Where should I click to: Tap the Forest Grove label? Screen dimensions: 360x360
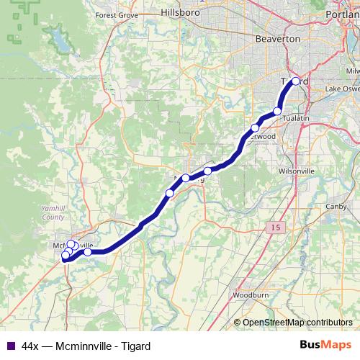click(116, 15)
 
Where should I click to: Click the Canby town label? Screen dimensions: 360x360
click(337, 207)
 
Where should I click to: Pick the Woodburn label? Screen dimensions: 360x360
click(251, 295)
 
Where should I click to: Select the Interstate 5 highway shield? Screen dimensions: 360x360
click(276, 228)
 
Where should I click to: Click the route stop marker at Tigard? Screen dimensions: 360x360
click(296, 81)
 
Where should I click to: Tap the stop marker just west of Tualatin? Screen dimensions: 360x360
click(278, 111)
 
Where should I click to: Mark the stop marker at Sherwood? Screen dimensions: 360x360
click(255, 128)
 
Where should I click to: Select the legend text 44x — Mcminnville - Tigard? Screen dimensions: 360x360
click(86, 346)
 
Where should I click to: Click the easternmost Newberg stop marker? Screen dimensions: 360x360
click(208, 150)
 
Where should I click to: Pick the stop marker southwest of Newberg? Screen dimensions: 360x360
click(170, 173)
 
